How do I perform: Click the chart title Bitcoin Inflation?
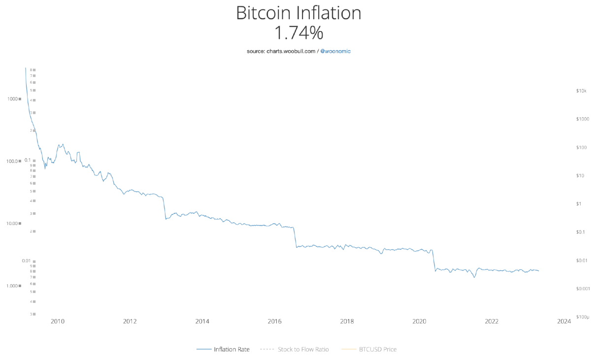pyautogui.click(x=298, y=13)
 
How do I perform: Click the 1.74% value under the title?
pyautogui.click(x=298, y=33)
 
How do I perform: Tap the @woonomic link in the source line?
pyautogui.click(x=335, y=51)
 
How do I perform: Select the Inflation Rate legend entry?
pyautogui.click(x=232, y=349)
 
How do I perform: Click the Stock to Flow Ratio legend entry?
pyautogui.click(x=303, y=349)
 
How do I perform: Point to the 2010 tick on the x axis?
pyautogui.click(x=58, y=322)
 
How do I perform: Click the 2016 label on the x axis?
pyautogui.click(x=274, y=322)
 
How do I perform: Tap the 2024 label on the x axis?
pyautogui.click(x=564, y=322)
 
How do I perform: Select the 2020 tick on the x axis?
pyautogui.click(x=419, y=322)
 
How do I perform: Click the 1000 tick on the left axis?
pyautogui.click(x=12, y=99)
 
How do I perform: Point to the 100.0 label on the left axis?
pyautogui.click(x=12, y=161)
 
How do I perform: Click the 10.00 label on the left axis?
pyautogui.click(x=12, y=224)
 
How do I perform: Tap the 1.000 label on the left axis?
pyautogui.click(x=12, y=286)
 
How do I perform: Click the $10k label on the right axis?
pyautogui.click(x=581, y=91)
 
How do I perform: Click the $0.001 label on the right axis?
pyautogui.click(x=583, y=289)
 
